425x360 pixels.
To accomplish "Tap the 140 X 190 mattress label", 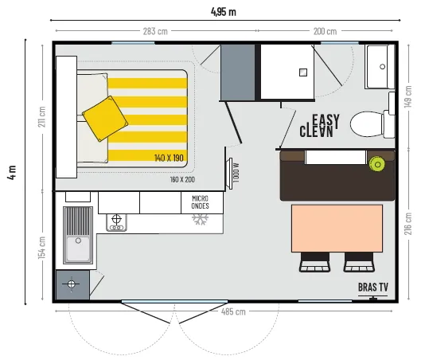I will (169, 158).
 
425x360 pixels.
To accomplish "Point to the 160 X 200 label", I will (181, 179).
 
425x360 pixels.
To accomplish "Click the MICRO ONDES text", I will (201, 202).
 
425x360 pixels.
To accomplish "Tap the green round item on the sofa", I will (376, 164).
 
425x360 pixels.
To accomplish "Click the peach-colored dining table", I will (337, 228).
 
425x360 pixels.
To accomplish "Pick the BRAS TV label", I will (373, 287).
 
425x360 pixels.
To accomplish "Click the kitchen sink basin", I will (80, 236).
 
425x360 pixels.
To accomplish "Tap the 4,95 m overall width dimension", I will (224, 11).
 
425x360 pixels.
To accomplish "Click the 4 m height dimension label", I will (11, 173).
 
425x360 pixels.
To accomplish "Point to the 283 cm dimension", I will (155, 32).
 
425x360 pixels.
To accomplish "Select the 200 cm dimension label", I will (325, 32).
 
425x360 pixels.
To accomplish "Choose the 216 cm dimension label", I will (408, 224).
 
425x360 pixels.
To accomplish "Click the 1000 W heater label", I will (236, 172).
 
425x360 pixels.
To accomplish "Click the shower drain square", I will (302, 72).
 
